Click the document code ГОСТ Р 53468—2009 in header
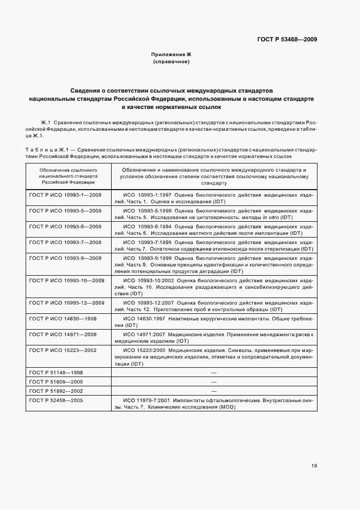tap(286, 39)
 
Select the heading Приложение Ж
tap(171, 55)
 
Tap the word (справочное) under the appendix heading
tap(171, 63)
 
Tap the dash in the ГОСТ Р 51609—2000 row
tap(213, 381)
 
